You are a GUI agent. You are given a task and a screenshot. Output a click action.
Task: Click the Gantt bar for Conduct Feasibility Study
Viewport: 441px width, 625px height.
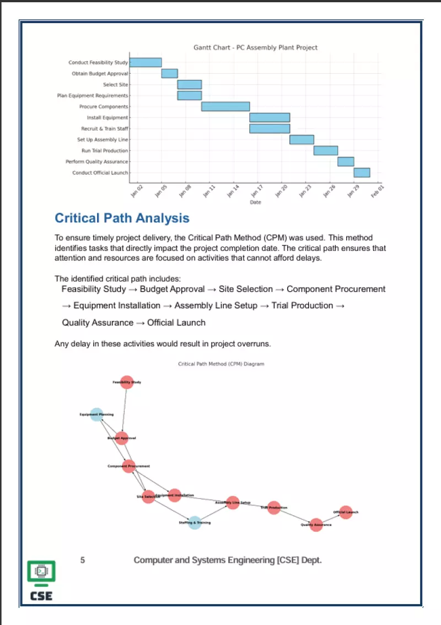(146, 62)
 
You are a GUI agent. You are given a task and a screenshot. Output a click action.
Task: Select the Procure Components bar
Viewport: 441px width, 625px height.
(225, 106)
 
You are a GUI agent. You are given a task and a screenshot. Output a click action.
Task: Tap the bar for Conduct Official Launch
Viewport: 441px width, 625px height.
(362, 173)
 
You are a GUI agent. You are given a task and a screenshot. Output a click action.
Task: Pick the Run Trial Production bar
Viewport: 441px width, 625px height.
(326, 151)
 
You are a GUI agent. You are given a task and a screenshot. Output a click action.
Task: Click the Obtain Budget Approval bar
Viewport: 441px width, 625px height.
(169, 73)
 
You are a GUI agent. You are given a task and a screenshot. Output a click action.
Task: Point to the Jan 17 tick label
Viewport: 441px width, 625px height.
(257, 191)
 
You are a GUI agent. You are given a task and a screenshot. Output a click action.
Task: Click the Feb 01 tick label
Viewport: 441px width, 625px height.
(378, 191)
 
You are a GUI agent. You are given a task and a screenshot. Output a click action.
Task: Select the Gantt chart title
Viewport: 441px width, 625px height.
(255, 47)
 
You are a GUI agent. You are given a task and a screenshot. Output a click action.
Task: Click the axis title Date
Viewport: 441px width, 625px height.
(255, 202)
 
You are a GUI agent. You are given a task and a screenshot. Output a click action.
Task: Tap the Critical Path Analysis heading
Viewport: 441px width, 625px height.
(122, 218)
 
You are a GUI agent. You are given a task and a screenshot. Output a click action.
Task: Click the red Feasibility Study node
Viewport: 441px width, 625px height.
(127, 382)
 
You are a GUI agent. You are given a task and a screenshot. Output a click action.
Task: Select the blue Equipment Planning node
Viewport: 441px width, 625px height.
(96, 414)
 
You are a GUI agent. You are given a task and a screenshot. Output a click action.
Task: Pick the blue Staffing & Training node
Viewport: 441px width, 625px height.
(195, 522)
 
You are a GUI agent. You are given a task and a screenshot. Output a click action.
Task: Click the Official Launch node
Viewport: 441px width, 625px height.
(346, 512)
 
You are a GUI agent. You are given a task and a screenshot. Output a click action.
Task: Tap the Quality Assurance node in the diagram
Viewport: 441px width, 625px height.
(316, 525)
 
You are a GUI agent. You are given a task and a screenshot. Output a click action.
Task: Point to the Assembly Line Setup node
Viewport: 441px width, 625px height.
(233, 503)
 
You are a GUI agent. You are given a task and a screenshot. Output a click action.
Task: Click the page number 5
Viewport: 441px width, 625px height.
(83, 560)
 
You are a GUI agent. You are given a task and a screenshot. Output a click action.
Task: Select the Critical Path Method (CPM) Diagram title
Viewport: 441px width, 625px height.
(221, 364)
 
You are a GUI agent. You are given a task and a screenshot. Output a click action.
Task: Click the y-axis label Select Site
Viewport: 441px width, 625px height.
(115, 84)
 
